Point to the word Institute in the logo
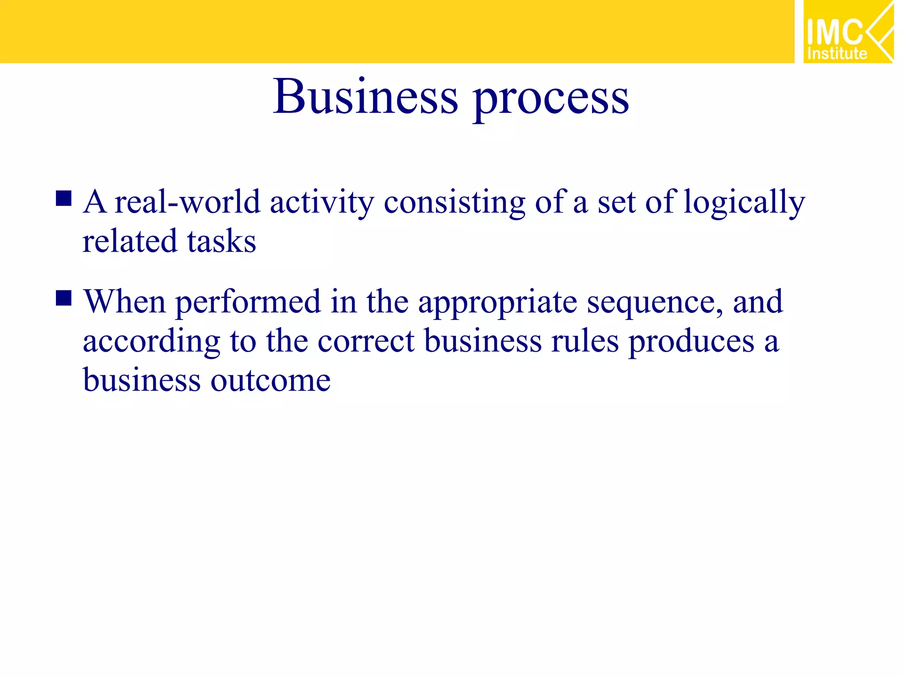click(837, 54)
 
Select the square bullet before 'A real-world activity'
click(64, 199)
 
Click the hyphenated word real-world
click(187, 202)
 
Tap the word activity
click(322, 203)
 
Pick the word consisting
click(455, 203)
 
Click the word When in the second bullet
click(125, 302)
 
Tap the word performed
click(248, 303)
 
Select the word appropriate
click(497, 304)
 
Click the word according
click(151, 342)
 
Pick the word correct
click(366, 342)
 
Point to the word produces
click(691, 342)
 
